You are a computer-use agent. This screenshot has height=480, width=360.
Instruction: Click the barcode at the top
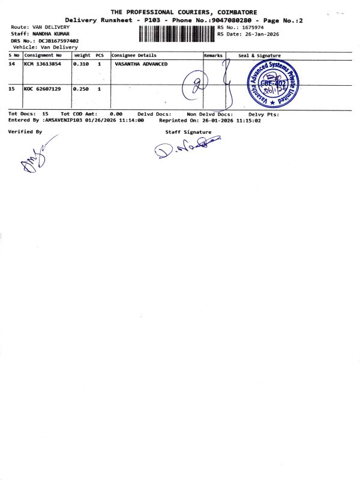click(x=176, y=34)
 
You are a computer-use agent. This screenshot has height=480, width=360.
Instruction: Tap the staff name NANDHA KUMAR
click(x=51, y=34)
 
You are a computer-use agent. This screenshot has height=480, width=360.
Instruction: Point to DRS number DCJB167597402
click(x=59, y=41)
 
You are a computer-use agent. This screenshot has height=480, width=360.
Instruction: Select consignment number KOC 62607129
click(x=42, y=89)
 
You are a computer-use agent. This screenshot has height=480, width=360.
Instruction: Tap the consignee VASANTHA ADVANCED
click(x=141, y=64)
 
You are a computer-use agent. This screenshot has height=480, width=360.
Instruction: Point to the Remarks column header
click(x=213, y=55)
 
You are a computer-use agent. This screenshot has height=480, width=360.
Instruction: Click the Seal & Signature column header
click(x=259, y=55)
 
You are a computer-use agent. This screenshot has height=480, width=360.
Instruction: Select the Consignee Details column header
click(x=133, y=55)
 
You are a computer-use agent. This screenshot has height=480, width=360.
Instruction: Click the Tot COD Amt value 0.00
click(x=116, y=113)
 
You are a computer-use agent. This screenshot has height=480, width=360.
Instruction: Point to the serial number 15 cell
click(x=12, y=89)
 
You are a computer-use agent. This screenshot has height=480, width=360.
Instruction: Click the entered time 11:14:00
click(x=131, y=120)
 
